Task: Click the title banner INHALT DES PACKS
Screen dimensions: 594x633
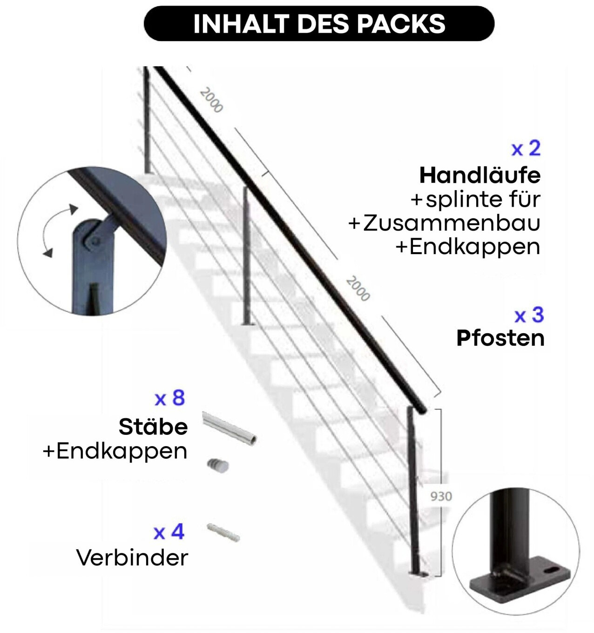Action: click(x=319, y=23)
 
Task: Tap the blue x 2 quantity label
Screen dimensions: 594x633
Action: click(x=526, y=149)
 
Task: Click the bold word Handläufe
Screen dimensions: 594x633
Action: click(x=480, y=175)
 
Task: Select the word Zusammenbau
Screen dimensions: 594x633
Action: click(x=452, y=223)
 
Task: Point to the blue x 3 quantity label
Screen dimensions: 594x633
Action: click(x=529, y=315)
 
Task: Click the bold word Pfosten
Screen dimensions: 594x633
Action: click(x=500, y=338)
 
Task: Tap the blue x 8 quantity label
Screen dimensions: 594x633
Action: click(x=169, y=398)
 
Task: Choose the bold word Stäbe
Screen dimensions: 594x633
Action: click(x=153, y=427)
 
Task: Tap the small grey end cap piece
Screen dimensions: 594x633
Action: click(x=218, y=466)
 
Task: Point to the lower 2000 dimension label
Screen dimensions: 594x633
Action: click(x=358, y=289)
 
